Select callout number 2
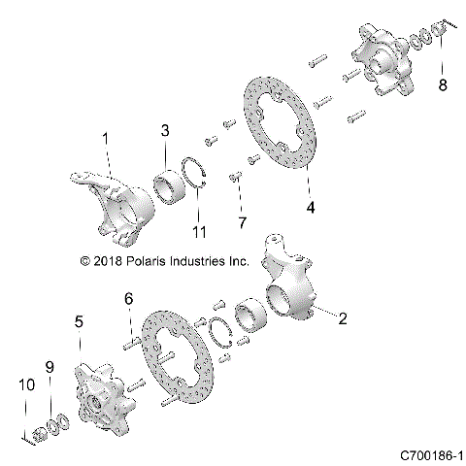point(342,316)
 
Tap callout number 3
point(165,130)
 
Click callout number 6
point(126,303)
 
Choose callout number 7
point(241,223)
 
